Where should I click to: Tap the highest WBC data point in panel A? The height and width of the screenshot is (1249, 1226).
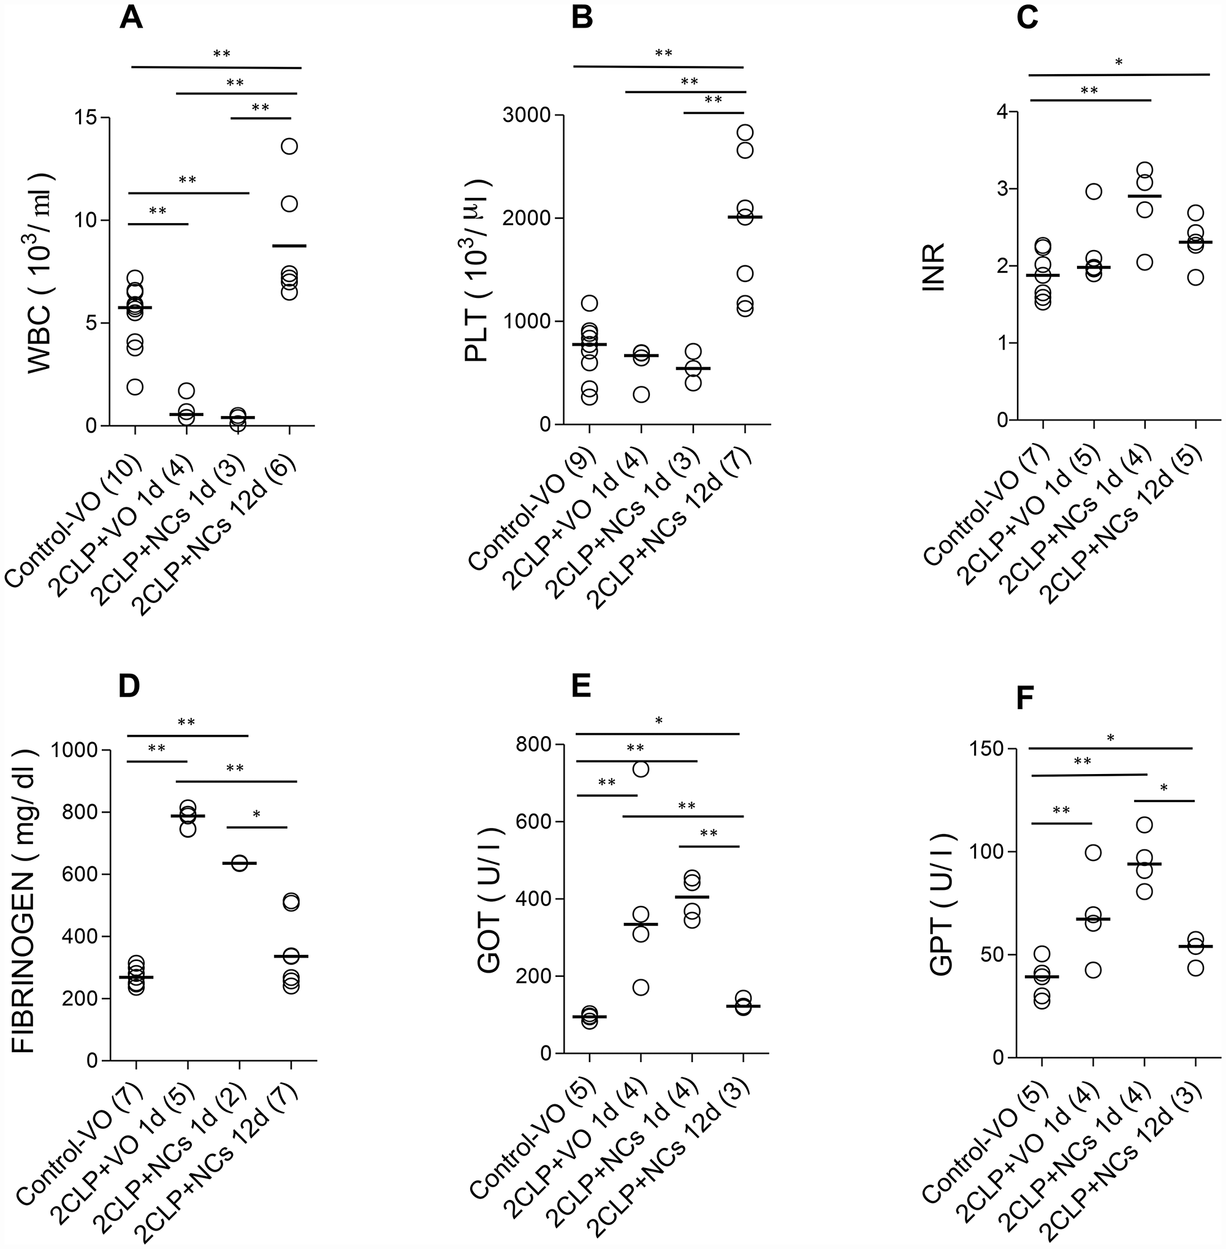(x=289, y=146)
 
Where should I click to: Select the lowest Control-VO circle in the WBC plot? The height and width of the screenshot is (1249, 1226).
(x=135, y=387)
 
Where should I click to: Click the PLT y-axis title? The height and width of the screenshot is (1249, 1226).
(x=477, y=270)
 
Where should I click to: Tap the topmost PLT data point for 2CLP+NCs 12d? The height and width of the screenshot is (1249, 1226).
(x=745, y=132)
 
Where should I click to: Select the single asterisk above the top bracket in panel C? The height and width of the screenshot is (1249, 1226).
(x=1119, y=63)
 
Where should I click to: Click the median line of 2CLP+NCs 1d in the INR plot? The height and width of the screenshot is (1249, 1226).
(x=1144, y=196)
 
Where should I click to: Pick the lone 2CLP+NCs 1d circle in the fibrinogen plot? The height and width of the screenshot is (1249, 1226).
(x=239, y=864)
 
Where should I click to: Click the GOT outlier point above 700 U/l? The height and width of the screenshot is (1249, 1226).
(x=641, y=769)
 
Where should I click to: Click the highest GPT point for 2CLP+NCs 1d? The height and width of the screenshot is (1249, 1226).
(x=1144, y=825)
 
